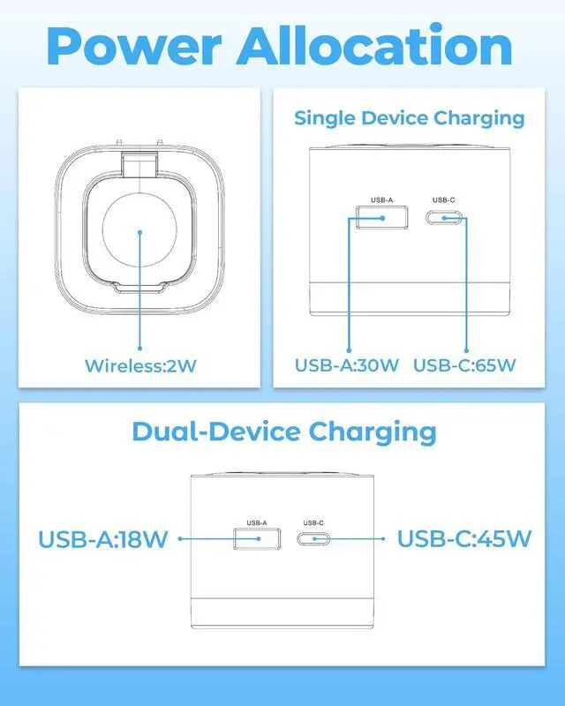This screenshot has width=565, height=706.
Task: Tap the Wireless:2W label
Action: (140, 365)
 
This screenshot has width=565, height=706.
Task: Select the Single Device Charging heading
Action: (409, 117)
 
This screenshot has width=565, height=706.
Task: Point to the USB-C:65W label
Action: (464, 365)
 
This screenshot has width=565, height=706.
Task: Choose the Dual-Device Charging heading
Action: (283, 432)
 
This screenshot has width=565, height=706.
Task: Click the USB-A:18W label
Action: (102, 538)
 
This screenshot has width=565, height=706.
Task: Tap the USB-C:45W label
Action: (464, 538)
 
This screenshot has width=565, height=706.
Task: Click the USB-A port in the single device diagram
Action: (382, 217)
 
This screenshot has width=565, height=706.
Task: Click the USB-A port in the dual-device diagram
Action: (257, 538)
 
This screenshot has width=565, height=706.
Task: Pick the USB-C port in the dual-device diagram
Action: (314, 538)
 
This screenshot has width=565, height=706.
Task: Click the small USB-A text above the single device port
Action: (382, 199)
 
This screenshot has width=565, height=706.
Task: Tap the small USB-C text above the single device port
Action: (444, 199)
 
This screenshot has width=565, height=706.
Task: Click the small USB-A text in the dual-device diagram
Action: (257, 522)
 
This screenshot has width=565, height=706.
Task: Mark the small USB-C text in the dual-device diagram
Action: (314, 522)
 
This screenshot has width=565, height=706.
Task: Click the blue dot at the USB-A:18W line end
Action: (179, 538)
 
